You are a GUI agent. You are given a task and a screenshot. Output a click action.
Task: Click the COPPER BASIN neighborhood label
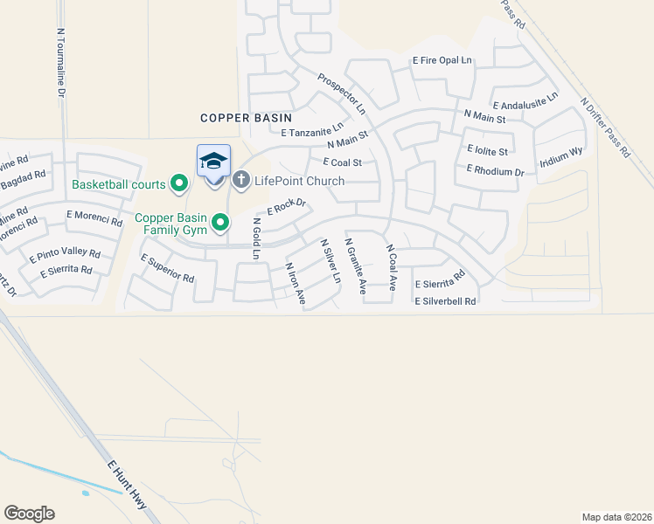point(245,117)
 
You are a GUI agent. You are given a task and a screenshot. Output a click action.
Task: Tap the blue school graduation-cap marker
point(213,162)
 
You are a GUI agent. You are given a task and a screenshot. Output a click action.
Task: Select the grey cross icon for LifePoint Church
point(241,181)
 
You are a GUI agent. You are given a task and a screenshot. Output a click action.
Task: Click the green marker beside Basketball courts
point(180,183)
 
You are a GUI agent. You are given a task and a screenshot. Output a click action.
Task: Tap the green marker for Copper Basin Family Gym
point(220,223)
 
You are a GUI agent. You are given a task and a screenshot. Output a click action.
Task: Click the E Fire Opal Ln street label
point(442,61)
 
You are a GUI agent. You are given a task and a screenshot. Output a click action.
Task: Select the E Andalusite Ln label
point(525,98)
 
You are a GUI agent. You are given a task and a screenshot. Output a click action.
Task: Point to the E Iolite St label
point(488,150)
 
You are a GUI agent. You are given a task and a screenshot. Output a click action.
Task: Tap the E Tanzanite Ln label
point(312,128)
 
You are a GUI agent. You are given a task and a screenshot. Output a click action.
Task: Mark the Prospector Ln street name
point(342,93)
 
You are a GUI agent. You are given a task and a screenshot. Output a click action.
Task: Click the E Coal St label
point(342,162)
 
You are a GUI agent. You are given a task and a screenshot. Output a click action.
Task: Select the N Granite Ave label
point(355,265)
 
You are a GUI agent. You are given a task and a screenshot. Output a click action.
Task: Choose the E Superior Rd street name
point(166,267)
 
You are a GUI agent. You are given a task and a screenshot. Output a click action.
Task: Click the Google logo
point(29,514)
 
